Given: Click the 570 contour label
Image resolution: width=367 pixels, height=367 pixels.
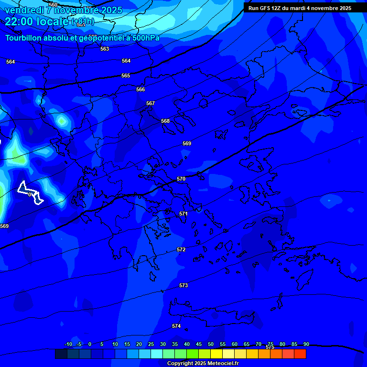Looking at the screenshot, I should pyautogui.click(x=181, y=179).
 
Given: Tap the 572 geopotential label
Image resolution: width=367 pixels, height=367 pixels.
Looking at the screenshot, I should pyautogui.click(x=181, y=249).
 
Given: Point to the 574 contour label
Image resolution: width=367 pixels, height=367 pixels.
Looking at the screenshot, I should pyautogui.click(x=176, y=326).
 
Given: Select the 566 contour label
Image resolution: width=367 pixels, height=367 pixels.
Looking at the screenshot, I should pyautogui.click(x=140, y=89).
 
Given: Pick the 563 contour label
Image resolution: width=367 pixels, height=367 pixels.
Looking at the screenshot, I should pyautogui.click(x=105, y=49).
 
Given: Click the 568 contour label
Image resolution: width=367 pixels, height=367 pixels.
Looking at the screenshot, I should pyautogui.click(x=165, y=121).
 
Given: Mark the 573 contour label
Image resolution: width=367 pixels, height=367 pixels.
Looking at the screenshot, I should pyautogui.click(x=183, y=285).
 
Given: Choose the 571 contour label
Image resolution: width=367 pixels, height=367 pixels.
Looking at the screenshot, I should pyautogui.click(x=183, y=214).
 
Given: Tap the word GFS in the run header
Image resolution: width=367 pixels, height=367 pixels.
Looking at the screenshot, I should pyautogui.click(x=265, y=8).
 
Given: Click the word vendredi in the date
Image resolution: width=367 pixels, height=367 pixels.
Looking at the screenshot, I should pyautogui.click(x=24, y=10).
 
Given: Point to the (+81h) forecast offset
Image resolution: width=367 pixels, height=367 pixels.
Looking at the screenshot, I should pyautogui.click(x=83, y=22).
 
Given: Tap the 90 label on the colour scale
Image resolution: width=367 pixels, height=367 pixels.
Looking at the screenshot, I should pyautogui.click(x=306, y=344).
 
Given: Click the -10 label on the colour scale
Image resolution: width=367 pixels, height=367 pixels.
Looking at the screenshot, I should pyautogui.click(x=68, y=344).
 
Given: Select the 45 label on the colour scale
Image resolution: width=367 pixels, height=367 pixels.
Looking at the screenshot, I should pyautogui.click(x=198, y=344).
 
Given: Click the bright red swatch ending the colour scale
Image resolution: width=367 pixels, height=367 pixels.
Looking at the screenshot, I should pyautogui.click(x=300, y=354).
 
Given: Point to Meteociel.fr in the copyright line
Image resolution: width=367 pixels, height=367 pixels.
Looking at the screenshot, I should pyautogui.click(x=220, y=364).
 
